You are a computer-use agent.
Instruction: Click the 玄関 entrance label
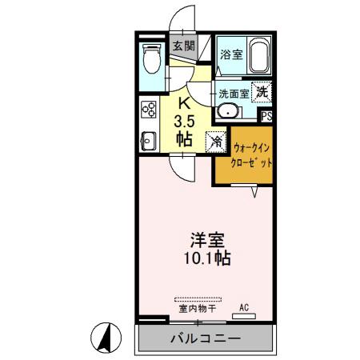coord(183,46)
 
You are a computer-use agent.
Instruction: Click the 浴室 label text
coord(231,55)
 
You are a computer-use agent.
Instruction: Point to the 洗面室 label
coord(234,93)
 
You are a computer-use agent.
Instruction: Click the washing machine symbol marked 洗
coord(262,92)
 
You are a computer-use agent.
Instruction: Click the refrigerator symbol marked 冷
coord(215,141)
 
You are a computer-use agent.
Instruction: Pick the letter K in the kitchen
coord(183,102)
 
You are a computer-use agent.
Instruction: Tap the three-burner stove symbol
coord(148,109)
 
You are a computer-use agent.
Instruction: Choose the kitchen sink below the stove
coord(148,142)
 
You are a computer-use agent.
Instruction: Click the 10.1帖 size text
coord(206,258)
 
